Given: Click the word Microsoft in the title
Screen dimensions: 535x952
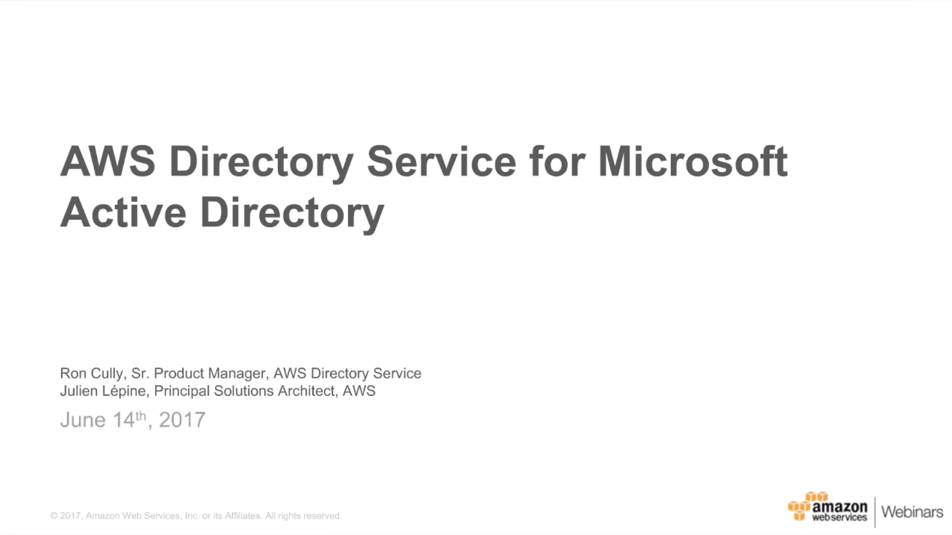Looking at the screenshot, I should pyautogui.click(x=693, y=162).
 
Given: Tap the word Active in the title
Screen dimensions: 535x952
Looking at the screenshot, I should pyautogui.click(x=123, y=213).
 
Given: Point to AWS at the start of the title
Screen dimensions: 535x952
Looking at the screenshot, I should pyautogui.click(x=108, y=162).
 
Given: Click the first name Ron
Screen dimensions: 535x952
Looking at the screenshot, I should pyautogui.click(x=73, y=373).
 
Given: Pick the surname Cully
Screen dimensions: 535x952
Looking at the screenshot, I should pyautogui.click(x=109, y=373).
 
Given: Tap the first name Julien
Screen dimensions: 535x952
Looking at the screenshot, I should pyautogui.click(x=78, y=391).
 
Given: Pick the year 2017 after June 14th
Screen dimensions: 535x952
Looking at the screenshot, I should pyautogui.click(x=182, y=420).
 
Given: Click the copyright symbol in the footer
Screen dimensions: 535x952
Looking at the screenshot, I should pyautogui.click(x=54, y=516).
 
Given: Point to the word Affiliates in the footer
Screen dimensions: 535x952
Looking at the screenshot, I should pyautogui.click(x=242, y=516).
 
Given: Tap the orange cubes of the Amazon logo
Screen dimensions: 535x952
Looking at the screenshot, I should pyautogui.click(x=800, y=507).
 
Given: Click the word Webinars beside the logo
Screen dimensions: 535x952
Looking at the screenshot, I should pyautogui.click(x=912, y=511).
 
